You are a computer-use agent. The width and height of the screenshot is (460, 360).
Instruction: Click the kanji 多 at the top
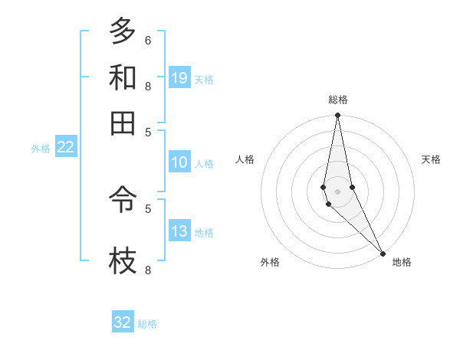click(123, 31)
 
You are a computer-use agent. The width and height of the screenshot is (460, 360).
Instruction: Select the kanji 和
click(123, 77)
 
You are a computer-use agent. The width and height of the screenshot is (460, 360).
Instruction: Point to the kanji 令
click(123, 201)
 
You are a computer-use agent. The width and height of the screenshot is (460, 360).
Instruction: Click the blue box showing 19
click(179, 78)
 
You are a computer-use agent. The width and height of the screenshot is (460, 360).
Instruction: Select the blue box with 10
click(179, 162)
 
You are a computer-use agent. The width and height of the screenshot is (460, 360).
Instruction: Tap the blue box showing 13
click(179, 231)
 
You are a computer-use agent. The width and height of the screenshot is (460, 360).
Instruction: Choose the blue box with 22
click(65, 148)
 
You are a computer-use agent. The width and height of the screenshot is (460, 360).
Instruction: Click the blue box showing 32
click(123, 322)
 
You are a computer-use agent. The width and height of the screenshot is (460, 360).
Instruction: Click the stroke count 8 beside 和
click(147, 86)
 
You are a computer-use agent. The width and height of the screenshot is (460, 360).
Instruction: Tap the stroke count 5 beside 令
click(147, 207)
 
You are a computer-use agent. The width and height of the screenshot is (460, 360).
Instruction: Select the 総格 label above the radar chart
click(338, 100)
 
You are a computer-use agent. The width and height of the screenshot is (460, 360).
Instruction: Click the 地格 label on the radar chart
click(402, 262)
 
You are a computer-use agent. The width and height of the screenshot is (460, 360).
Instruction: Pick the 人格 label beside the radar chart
click(245, 159)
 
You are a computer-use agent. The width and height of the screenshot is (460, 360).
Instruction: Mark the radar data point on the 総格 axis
click(337, 116)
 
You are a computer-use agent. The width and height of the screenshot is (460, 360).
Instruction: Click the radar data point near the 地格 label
click(383, 252)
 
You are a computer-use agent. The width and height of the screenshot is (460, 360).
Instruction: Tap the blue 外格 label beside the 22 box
click(40, 149)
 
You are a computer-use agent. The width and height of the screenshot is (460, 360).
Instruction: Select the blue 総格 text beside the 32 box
click(147, 324)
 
